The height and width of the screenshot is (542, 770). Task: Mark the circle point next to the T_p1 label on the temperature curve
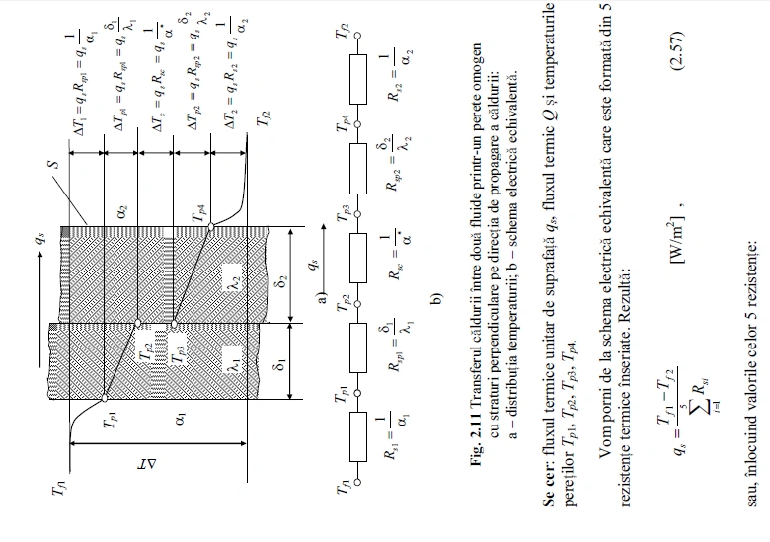[104, 400]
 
